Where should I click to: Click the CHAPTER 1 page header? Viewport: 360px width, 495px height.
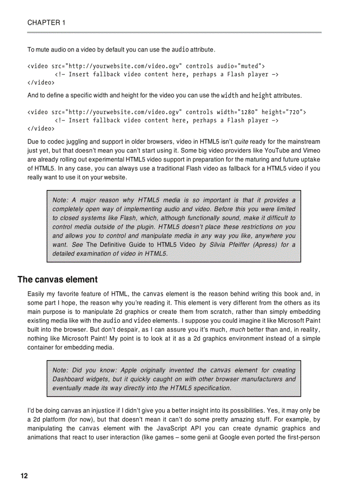[46, 23]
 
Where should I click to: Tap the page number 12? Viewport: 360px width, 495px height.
[24, 476]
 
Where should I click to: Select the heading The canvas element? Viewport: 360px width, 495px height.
[57, 279]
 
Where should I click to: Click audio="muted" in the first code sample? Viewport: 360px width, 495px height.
[240, 66]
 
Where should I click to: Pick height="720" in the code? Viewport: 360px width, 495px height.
[284, 112]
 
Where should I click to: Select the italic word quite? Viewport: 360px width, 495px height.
[241, 142]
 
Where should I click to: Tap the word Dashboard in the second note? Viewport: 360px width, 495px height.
[68, 379]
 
